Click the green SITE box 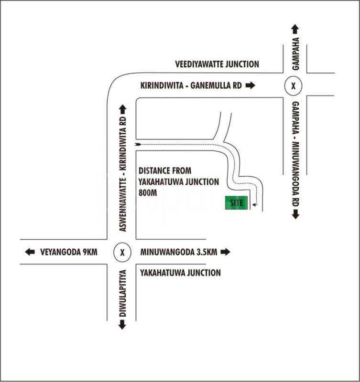[x=237, y=202]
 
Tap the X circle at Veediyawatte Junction [x=294, y=86]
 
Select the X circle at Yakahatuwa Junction [x=122, y=252]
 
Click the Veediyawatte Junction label [x=217, y=64]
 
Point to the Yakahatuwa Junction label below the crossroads [x=180, y=273]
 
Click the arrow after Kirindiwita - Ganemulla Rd [x=251, y=86]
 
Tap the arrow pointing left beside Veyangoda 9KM [x=30, y=252]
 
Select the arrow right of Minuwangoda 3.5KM [x=225, y=252]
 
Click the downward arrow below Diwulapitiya [x=122, y=325]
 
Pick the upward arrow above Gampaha [x=295, y=29]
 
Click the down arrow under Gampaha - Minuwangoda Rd [x=295, y=214]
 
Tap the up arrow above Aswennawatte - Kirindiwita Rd [x=122, y=109]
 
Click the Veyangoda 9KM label [x=68, y=252]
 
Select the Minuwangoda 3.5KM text [x=179, y=252]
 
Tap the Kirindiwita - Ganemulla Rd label [x=191, y=86]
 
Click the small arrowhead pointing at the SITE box [x=254, y=204]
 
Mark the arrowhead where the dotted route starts [x=138, y=143]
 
